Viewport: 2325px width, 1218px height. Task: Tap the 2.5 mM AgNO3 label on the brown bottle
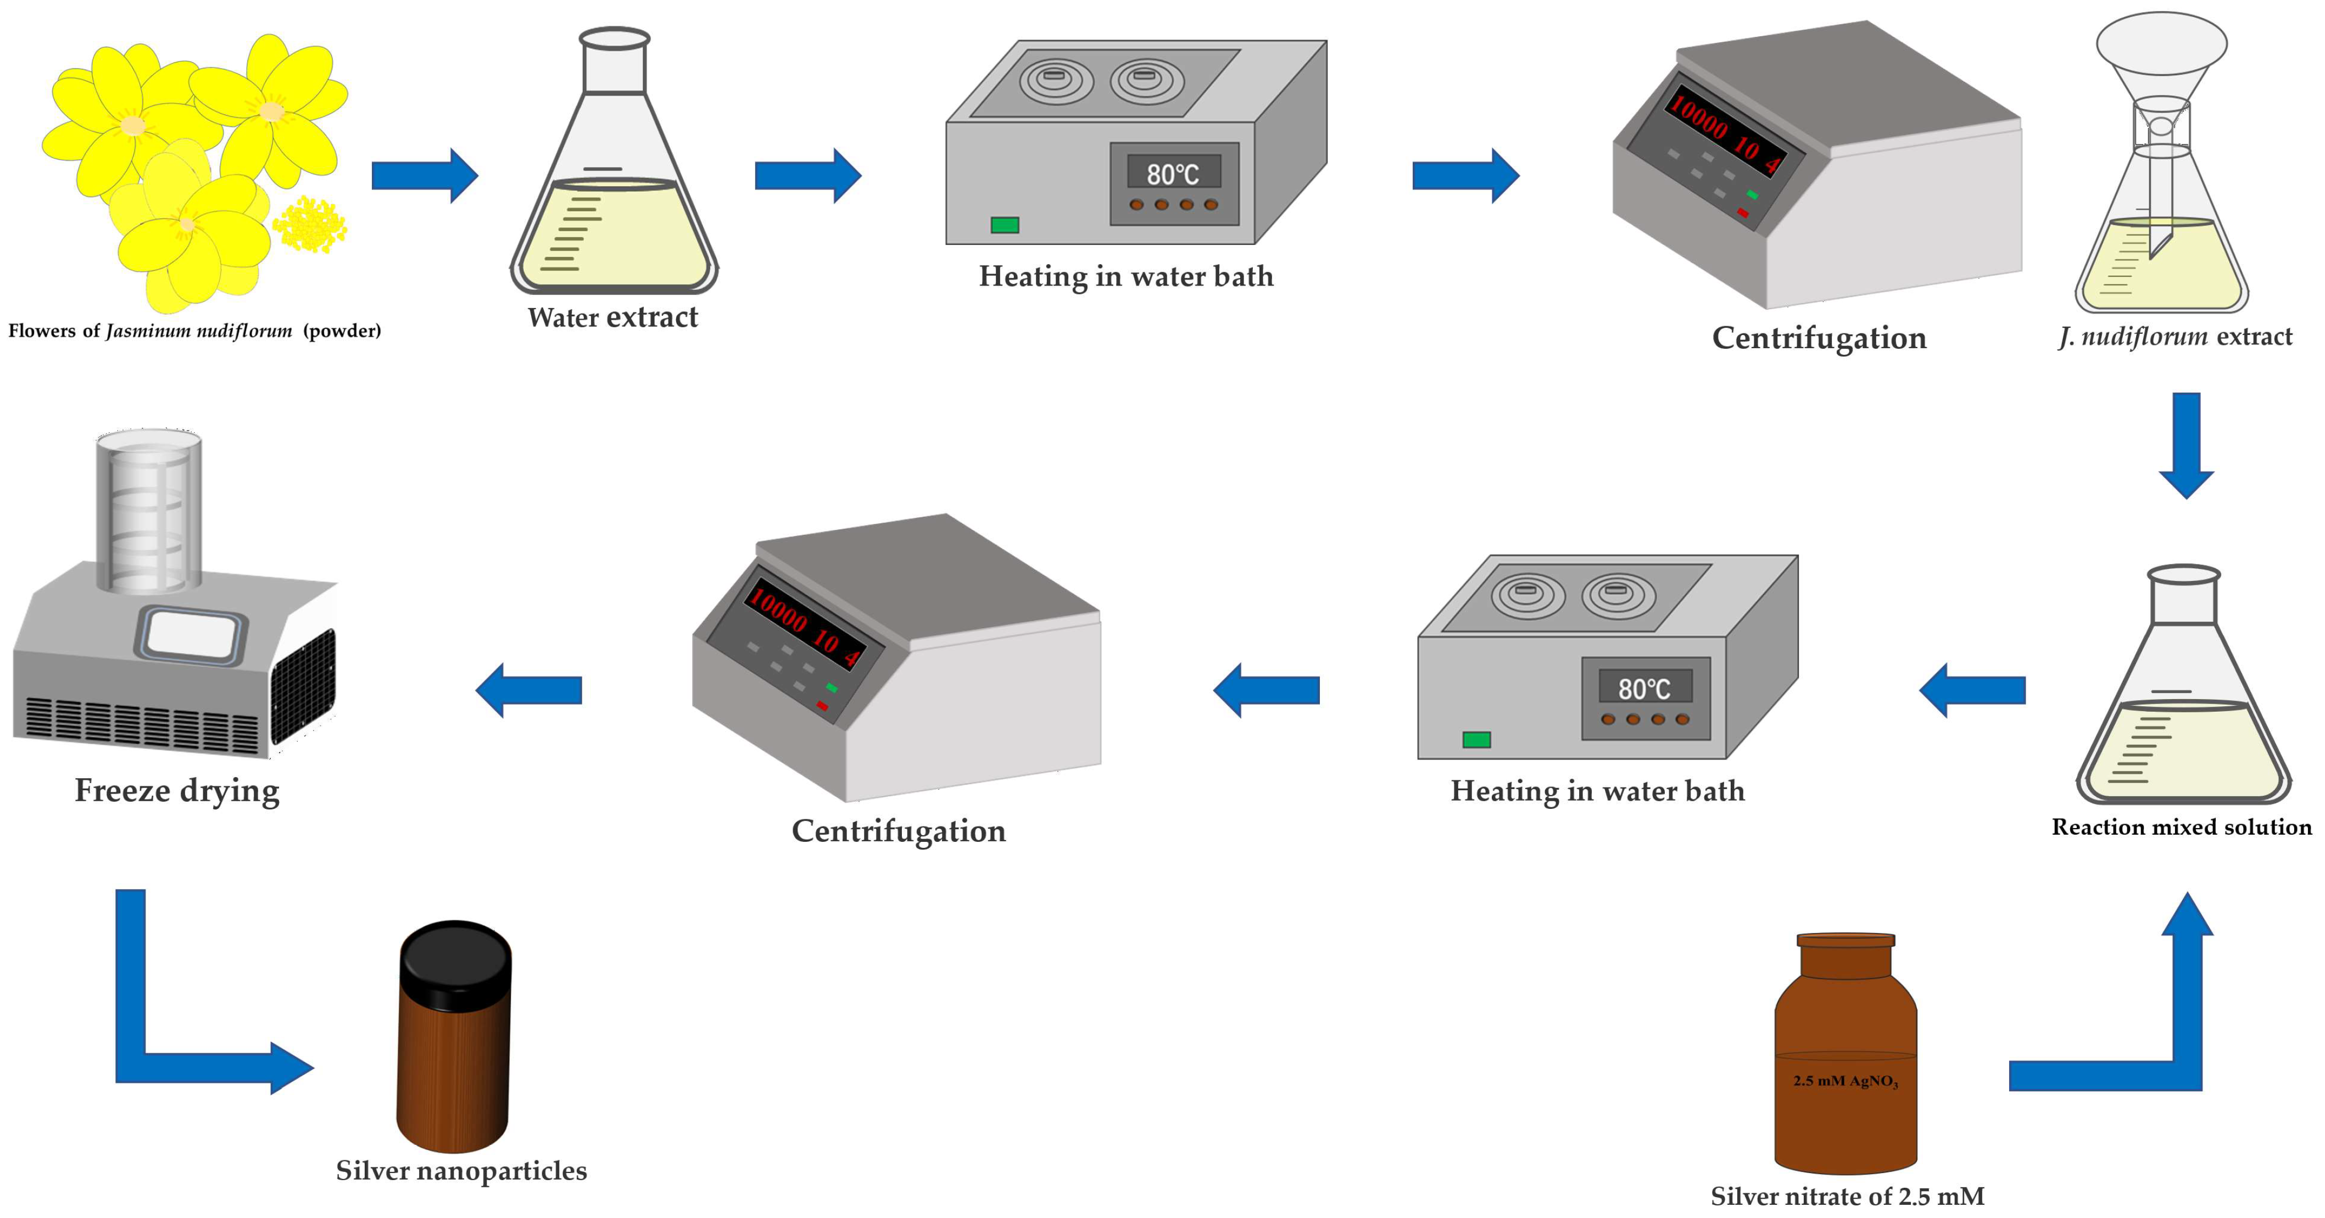1845,1081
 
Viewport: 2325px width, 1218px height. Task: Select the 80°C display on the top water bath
1173,173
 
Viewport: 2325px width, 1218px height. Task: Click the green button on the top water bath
1005,225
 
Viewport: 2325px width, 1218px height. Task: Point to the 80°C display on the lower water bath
1643,689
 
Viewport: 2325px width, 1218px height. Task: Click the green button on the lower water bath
1476,740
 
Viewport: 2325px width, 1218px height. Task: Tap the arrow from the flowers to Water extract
424,175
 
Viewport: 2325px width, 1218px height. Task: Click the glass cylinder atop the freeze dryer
149,510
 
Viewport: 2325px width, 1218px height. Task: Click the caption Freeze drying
177,790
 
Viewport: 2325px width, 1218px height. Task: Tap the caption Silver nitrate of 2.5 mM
1847,1197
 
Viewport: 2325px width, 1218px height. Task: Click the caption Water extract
613,317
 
